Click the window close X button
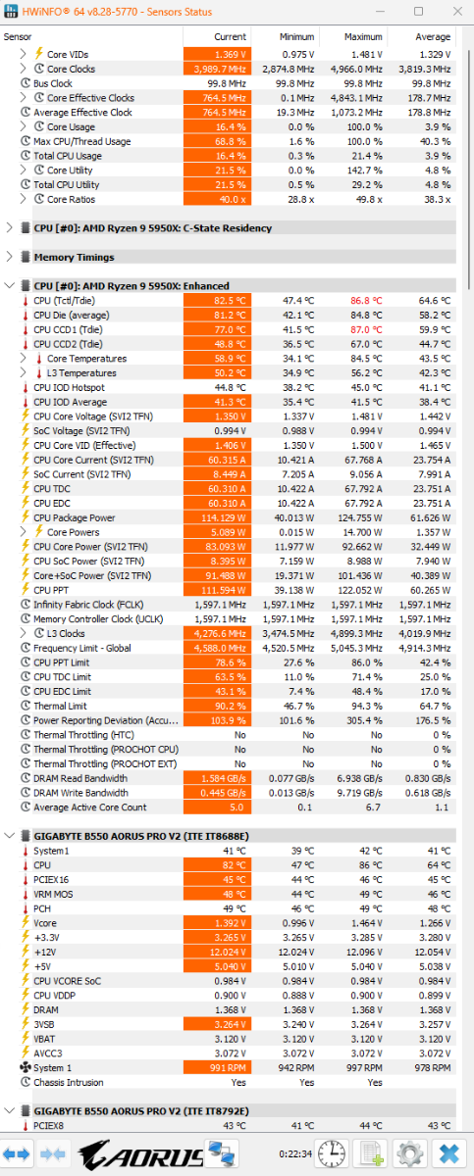[457, 11]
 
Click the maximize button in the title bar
[418, 11]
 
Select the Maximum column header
[363, 37]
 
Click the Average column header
[433, 37]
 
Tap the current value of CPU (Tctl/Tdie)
[218, 301]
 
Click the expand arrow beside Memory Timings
[9, 257]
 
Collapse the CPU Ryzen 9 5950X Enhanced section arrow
[9, 285]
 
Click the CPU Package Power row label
[75, 517]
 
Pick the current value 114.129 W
[218, 517]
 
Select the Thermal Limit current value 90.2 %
[218, 707]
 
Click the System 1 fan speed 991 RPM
[218, 1068]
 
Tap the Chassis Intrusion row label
[69, 1083]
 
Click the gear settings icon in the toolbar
[410, 1154]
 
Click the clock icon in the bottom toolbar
[332, 1154]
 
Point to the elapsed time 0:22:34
[295, 1154]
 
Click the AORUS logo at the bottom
[141, 1154]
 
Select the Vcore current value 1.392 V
[218, 923]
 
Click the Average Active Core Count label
[90, 808]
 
